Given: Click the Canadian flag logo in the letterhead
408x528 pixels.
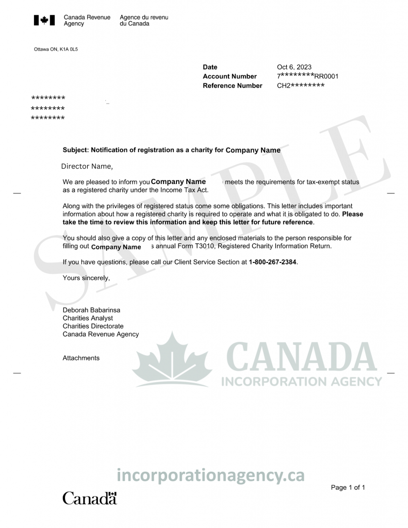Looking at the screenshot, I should [x=44, y=21].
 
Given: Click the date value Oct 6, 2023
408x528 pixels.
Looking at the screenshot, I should [x=294, y=67].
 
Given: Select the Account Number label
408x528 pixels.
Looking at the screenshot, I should [x=230, y=76].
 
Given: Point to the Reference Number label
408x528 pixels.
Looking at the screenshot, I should [x=233, y=86].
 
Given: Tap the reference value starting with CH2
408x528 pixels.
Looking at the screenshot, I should [x=301, y=86].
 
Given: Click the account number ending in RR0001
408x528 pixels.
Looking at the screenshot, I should [x=307, y=76].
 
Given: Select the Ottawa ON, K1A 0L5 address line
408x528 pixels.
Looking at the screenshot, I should [x=56, y=49].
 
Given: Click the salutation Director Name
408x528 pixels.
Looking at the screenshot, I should [x=87, y=166].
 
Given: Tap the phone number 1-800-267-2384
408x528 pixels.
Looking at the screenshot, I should [x=273, y=262].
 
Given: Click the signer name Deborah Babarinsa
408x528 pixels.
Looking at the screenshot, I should [x=91, y=310].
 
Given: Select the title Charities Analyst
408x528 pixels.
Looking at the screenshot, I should [x=88, y=318].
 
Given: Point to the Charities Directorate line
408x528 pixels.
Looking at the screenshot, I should [x=93, y=326].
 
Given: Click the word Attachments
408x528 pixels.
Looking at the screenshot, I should [x=81, y=358].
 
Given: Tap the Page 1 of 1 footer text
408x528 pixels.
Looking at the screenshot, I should [x=348, y=487].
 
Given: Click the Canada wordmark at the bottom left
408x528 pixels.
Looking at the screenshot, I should [x=90, y=498].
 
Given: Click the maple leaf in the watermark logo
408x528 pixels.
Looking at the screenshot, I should [x=172, y=359].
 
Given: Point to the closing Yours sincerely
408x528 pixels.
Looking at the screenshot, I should [x=86, y=277].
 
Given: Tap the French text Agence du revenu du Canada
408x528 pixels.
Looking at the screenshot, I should [x=143, y=21].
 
